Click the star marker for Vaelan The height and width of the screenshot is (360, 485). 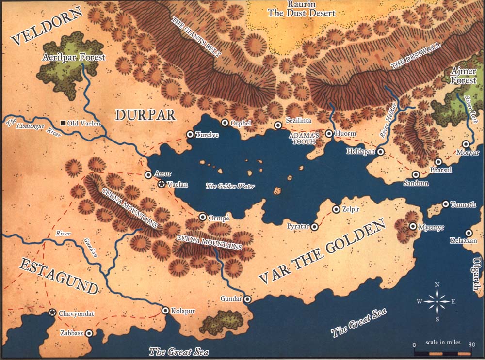point(162,184)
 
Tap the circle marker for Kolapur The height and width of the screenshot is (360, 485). point(165,310)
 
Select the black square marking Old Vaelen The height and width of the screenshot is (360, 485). point(63,124)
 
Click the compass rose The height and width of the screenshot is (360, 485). point(437,301)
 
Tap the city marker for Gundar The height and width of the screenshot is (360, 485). point(247,299)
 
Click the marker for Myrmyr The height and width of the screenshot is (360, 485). point(413,226)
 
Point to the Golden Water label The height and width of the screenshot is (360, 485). point(230,186)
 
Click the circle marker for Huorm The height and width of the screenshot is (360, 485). point(329,133)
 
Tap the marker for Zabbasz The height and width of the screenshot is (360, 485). point(89,333)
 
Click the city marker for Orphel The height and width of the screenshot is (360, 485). point(225,123)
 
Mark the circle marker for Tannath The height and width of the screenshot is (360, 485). point(446,204)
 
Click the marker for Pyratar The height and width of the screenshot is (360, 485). point(315,226)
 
